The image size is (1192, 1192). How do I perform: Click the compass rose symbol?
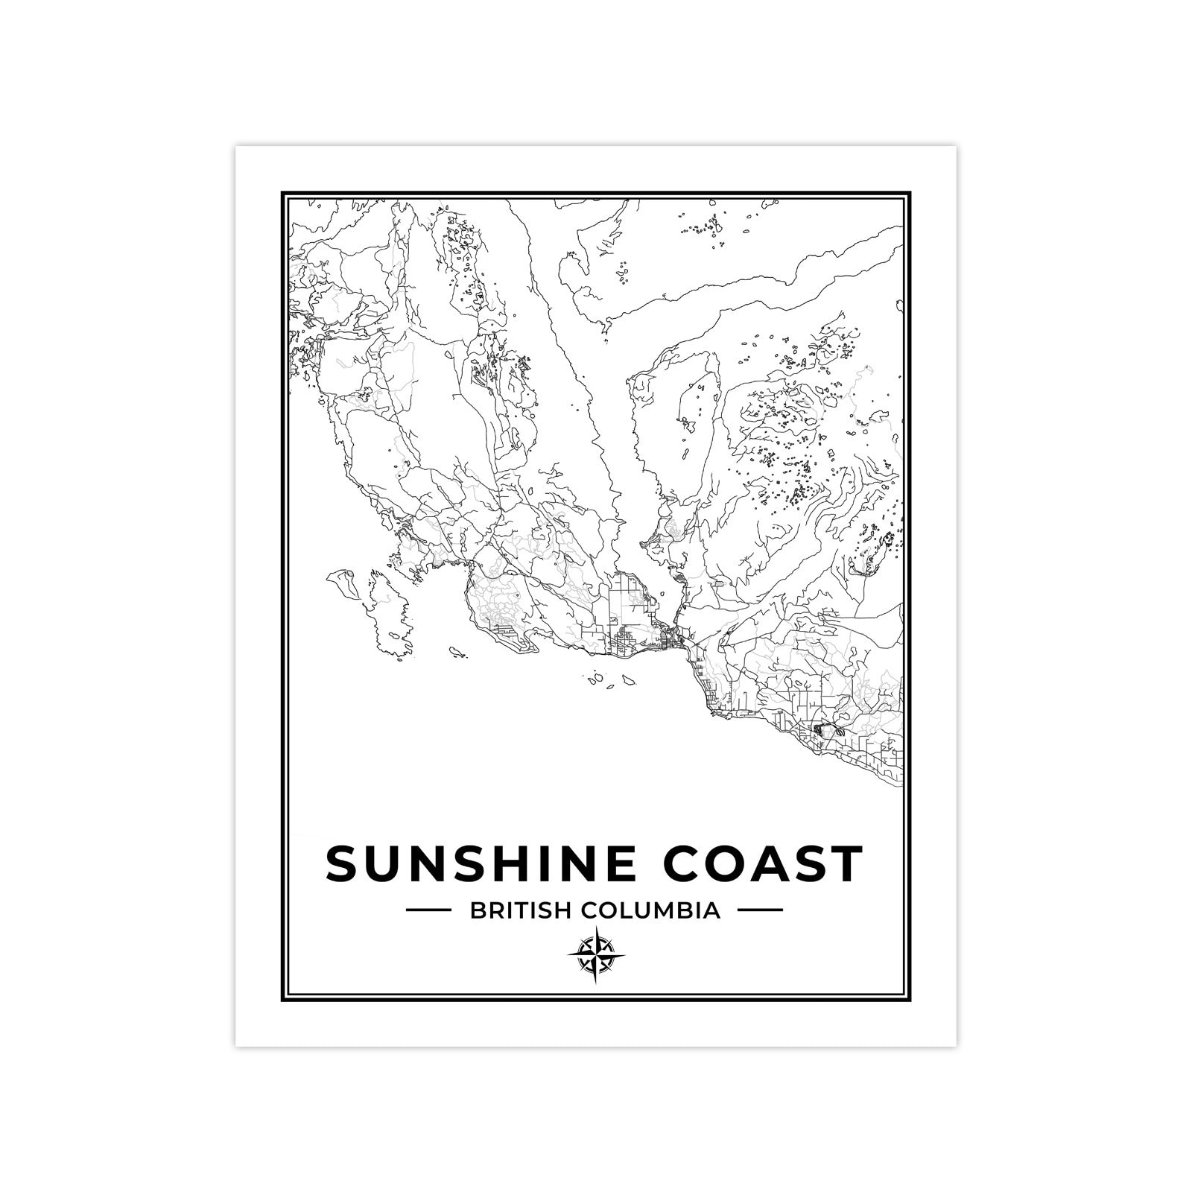click(x=596, y=956)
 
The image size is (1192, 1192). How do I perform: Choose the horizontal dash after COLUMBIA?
click(x=760, y=910)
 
